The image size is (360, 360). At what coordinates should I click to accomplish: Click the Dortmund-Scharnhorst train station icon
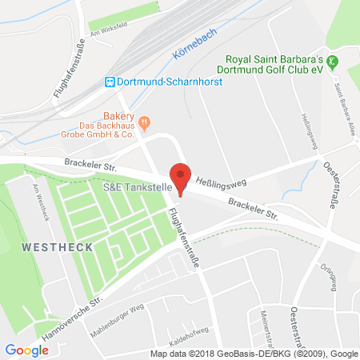coord(110,81)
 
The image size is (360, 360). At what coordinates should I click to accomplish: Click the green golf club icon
coord(334,62)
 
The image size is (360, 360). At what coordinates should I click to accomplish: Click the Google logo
coord(26,350)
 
